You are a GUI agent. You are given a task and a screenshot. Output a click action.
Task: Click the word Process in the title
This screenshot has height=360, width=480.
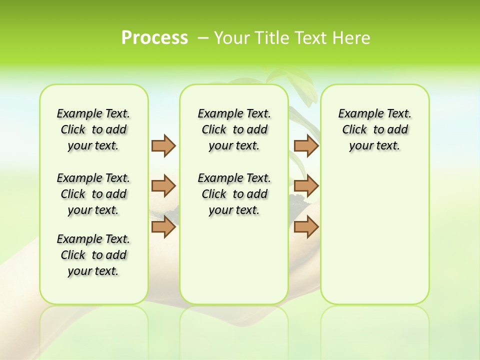tap(154, 37)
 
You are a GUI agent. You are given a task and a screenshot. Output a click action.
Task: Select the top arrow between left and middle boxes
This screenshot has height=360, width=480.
tap(163, 145)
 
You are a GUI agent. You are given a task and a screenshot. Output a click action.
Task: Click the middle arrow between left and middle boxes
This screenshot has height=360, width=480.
tap(163, 186)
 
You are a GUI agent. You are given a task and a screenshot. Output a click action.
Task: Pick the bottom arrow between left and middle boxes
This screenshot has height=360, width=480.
tap(163, 227)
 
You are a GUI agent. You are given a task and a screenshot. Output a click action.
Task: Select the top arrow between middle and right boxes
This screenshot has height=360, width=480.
tap(306, 145)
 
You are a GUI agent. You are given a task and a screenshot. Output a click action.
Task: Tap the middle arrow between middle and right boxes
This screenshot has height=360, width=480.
tap(306, 186)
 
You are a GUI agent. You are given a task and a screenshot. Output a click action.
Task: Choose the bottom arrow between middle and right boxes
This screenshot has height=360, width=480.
tap(306, 227)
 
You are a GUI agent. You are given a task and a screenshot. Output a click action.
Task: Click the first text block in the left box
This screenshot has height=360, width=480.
tap(93, 129)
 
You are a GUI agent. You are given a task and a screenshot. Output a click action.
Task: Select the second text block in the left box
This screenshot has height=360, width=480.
tap(93, 194)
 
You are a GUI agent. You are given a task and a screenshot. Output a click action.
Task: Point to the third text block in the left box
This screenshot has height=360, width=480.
tap(93, 255)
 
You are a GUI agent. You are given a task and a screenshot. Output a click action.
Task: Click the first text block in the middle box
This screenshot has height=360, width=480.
tap(234, 129)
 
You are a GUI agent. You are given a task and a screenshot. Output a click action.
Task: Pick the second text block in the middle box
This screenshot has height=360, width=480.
tap(234, 194)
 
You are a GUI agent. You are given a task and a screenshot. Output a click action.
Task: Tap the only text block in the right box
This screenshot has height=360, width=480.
tap(374, 129)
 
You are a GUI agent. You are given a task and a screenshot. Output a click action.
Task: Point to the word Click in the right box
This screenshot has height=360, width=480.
tap(354, 130)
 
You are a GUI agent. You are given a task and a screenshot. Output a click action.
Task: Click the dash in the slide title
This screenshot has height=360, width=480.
tap(203, 38)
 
